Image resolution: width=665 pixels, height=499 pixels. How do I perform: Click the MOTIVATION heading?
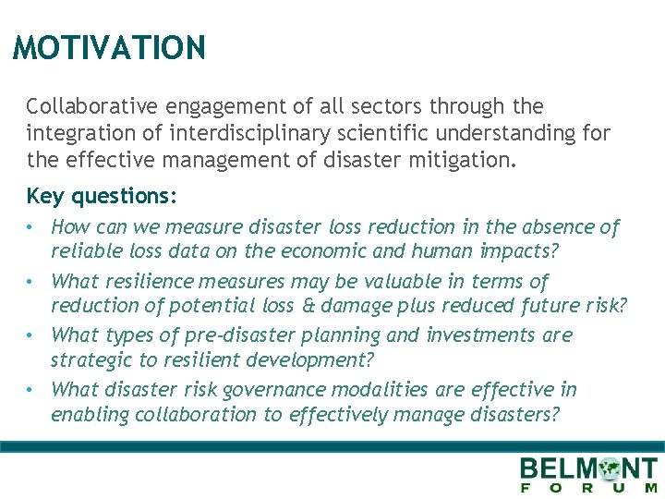tap(109, 47)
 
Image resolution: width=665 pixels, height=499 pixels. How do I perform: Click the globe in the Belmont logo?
tap(610, 469)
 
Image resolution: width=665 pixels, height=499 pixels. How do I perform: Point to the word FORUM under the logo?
tap(590, 488)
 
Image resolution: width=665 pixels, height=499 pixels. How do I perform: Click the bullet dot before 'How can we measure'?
tap(31, 227)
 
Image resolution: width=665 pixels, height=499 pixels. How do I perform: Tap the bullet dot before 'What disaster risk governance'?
tap(31, 390)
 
